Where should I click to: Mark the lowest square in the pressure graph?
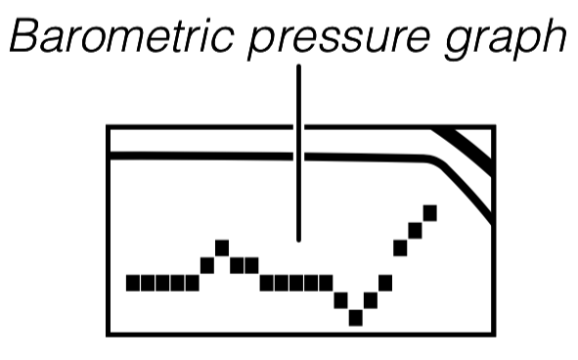pos(355,316)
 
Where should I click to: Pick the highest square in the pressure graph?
pos(429,211)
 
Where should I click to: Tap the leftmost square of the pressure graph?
pos(133,283)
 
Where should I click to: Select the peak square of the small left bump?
pos(222,247)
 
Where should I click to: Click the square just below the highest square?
pos(415,230)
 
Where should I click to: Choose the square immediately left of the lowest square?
pos(340,299)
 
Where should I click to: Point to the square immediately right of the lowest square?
pos(370,299)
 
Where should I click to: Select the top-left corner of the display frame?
pos(109,127)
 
